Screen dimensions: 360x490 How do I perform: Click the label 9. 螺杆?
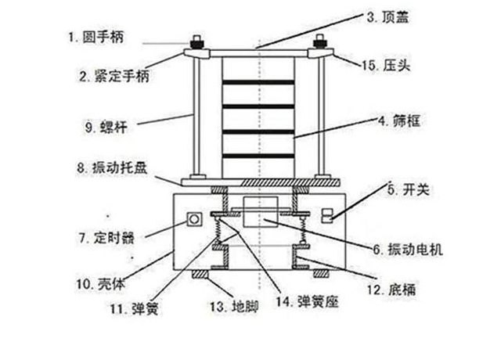[103, 124]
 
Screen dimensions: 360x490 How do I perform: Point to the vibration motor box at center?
[256, 214]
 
